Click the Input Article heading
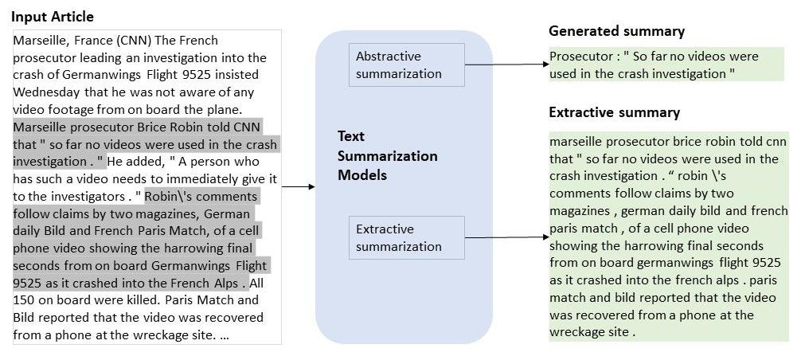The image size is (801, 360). [x=52, y=17]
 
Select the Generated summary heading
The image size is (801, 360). [x=616, y=31]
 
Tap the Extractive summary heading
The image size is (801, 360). [x=614, y=112]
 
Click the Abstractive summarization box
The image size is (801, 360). [x=406, y=65]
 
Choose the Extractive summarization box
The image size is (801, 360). [x=406, y=237]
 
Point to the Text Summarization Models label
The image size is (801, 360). [x=387, y=155]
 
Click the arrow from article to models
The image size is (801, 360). [x=299, y=187]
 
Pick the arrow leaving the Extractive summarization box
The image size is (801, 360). [x=506, y=237]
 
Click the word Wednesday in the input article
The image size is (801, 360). [x=45, y=92]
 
